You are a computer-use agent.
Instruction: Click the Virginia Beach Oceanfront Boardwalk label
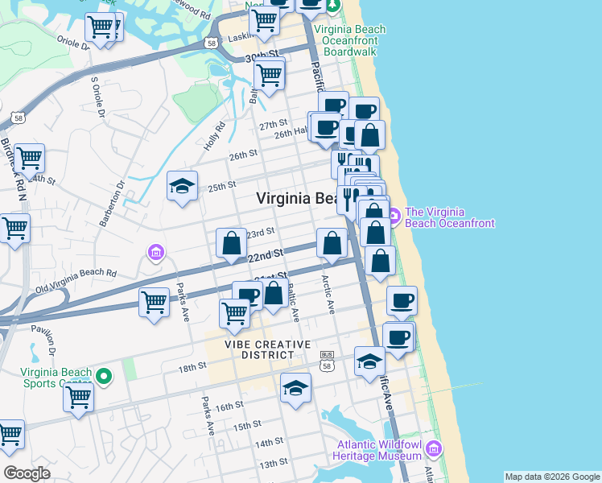(x=349, y=40)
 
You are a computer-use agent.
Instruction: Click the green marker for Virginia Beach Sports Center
(x=103, y=376)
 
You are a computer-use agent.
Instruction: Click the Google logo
(x=27, y=473)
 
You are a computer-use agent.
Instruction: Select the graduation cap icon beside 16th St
(x=295, y=387)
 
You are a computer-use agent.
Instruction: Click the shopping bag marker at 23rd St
(x=231, y=243)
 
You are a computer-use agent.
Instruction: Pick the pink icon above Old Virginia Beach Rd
(x=156, y=254)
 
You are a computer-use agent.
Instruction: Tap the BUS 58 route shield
(x=327, y=360)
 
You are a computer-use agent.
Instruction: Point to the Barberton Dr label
(x=121, y=197)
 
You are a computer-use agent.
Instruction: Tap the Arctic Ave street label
(x=327, y=295)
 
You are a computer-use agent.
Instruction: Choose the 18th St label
(x=193, y=367)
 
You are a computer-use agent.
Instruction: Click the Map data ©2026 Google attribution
(x=552, y=477)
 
